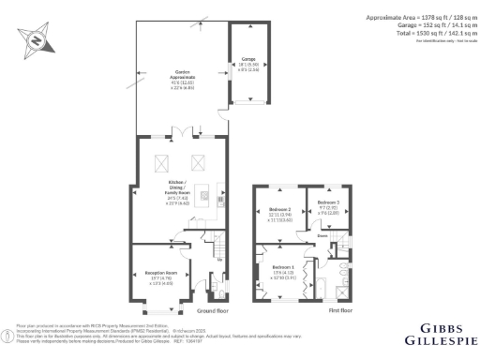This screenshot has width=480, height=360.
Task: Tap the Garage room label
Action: click(248, 64)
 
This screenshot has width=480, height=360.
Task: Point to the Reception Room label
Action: click(162, 268)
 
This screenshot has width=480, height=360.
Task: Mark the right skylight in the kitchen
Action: click(199, 160)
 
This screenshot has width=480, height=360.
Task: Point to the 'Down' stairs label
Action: click(322, 236)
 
